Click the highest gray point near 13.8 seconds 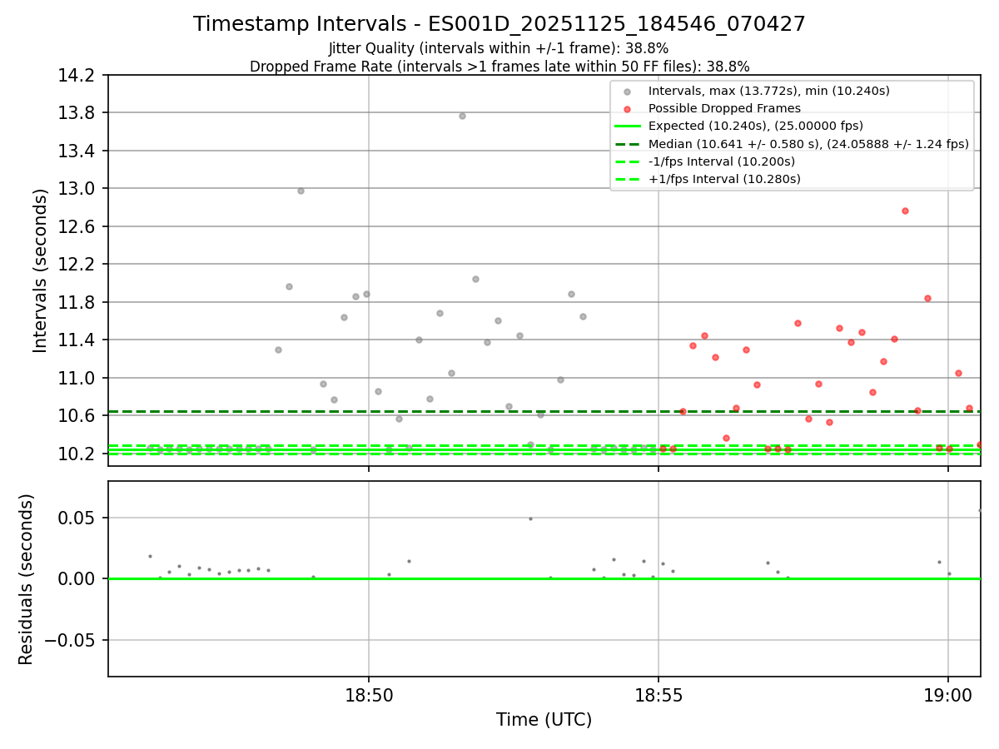click(462, 116)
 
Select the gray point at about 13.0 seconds click(301, 191)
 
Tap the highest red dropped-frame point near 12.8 click(905, 211)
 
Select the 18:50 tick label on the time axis click(369, 696)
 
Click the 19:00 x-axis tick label click(948, 696)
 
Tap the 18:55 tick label click(659, 696)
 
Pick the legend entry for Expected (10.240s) click(755, 126)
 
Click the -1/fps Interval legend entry click(721, 161)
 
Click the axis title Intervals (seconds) click(41, 270)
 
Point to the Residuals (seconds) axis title click(27, 579)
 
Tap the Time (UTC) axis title click(544, 720)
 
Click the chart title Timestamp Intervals click(499, 24)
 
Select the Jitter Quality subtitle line click(499, 48)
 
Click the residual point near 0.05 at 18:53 click(530, 518)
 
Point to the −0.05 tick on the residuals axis click(72, 640)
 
